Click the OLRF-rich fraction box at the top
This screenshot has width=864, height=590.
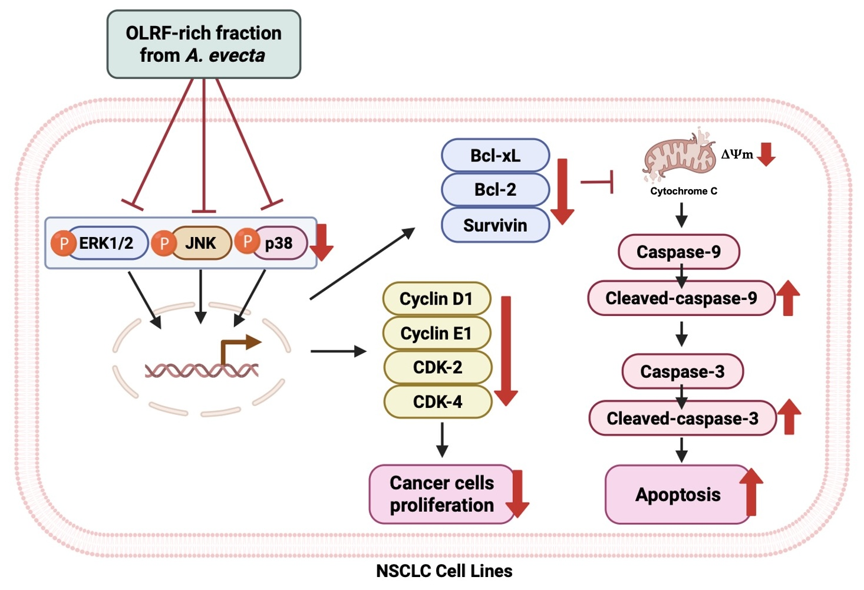click(x=203, y=44)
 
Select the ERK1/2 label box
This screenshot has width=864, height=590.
click(x=108, y=243)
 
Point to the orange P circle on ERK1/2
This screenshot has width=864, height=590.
click(x=63, y=243)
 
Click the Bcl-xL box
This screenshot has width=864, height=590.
click(x=495, y=156)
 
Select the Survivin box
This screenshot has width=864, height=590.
click(x=495, y=225)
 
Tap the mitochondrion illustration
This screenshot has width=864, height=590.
click(x=678, y=156)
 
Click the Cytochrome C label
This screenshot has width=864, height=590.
click(x=684, y=191)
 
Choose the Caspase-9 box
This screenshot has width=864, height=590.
click(x=678, y=252)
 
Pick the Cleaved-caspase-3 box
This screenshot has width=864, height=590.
click(x=682, y=418)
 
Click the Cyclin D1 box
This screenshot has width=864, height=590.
click(x=436, y=299)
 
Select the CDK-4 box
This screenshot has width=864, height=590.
click(x=437, y=402)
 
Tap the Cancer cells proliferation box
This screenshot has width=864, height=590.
click(x=442, y=494)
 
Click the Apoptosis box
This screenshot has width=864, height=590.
click(x=678, y=495)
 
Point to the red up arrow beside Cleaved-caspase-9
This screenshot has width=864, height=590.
click(x=788, y=298)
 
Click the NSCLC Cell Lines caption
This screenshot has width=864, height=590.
click(x=444, y=571)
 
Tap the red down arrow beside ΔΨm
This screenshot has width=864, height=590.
click(x=766, y=154)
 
